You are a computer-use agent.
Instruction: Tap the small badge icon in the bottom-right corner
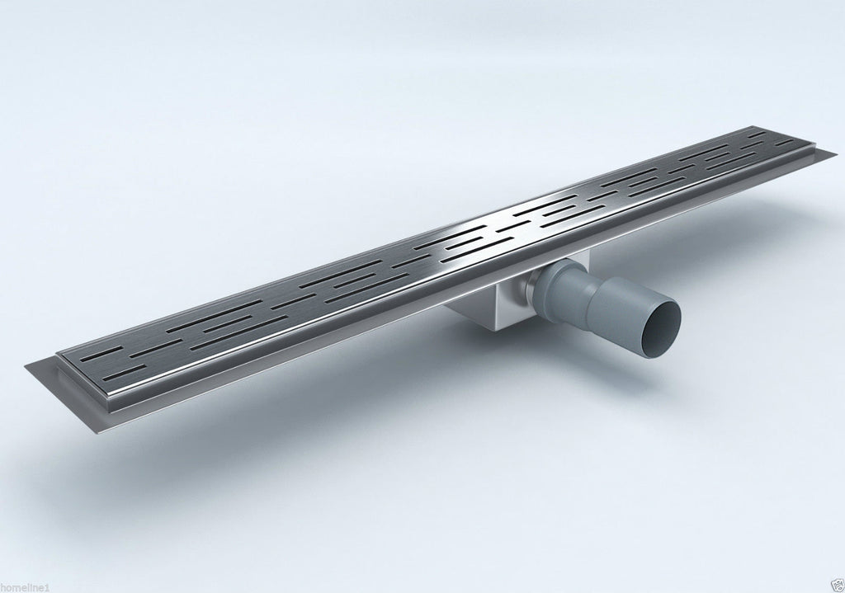[x=836, y=586]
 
